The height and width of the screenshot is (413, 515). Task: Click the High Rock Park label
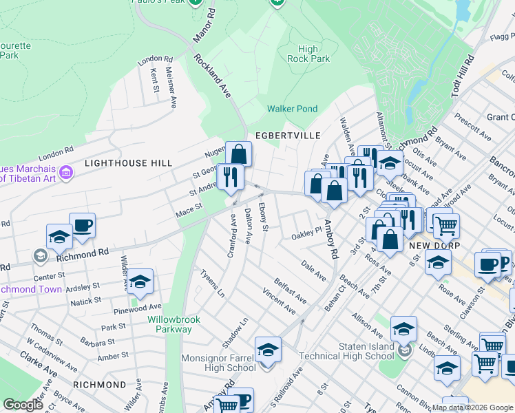(x=313, y=54)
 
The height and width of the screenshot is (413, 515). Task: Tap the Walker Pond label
(x=292, y=109)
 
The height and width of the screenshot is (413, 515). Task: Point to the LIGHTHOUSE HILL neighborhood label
(x=125, y=163)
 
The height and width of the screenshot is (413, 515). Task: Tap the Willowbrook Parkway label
(x=169, y=324)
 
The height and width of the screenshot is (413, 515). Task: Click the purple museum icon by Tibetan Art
(x=67, y=171)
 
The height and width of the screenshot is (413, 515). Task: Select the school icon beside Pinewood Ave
(x=140, y=281)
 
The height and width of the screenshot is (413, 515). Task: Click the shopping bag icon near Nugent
(x=238, y=153)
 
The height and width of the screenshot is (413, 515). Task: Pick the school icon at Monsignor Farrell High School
(x=268, y=349)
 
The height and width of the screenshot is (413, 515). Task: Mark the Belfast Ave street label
(x=290, y=290)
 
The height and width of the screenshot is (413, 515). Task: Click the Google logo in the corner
(x=23, y=405)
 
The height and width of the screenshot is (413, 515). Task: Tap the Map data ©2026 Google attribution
(x=472, y=407)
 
